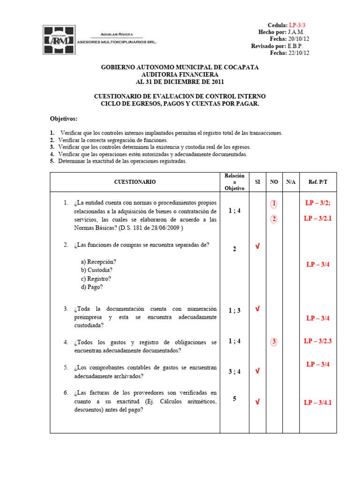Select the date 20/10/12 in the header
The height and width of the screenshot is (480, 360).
(x=299, y=39)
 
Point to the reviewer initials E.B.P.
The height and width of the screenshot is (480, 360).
(x=295, y=46)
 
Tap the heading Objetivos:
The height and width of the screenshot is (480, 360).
(x=64, y=119)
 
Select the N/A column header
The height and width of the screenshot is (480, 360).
(x=291, y=182)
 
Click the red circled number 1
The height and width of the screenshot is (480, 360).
(x=274, y=204)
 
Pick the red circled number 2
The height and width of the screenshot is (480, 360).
(x=274, y=219)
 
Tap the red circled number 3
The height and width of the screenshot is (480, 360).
(x=274, y=342)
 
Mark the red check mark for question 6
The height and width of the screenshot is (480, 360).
(x=257, y=402)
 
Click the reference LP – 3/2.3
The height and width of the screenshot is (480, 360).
(x=317, y=341)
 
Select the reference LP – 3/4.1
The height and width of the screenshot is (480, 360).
(x=317, y=402)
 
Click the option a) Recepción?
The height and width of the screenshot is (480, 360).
(x=98, y=262)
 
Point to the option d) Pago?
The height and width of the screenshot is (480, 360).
(x=91, y=287)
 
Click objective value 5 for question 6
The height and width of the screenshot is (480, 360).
(x=234, y=399)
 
